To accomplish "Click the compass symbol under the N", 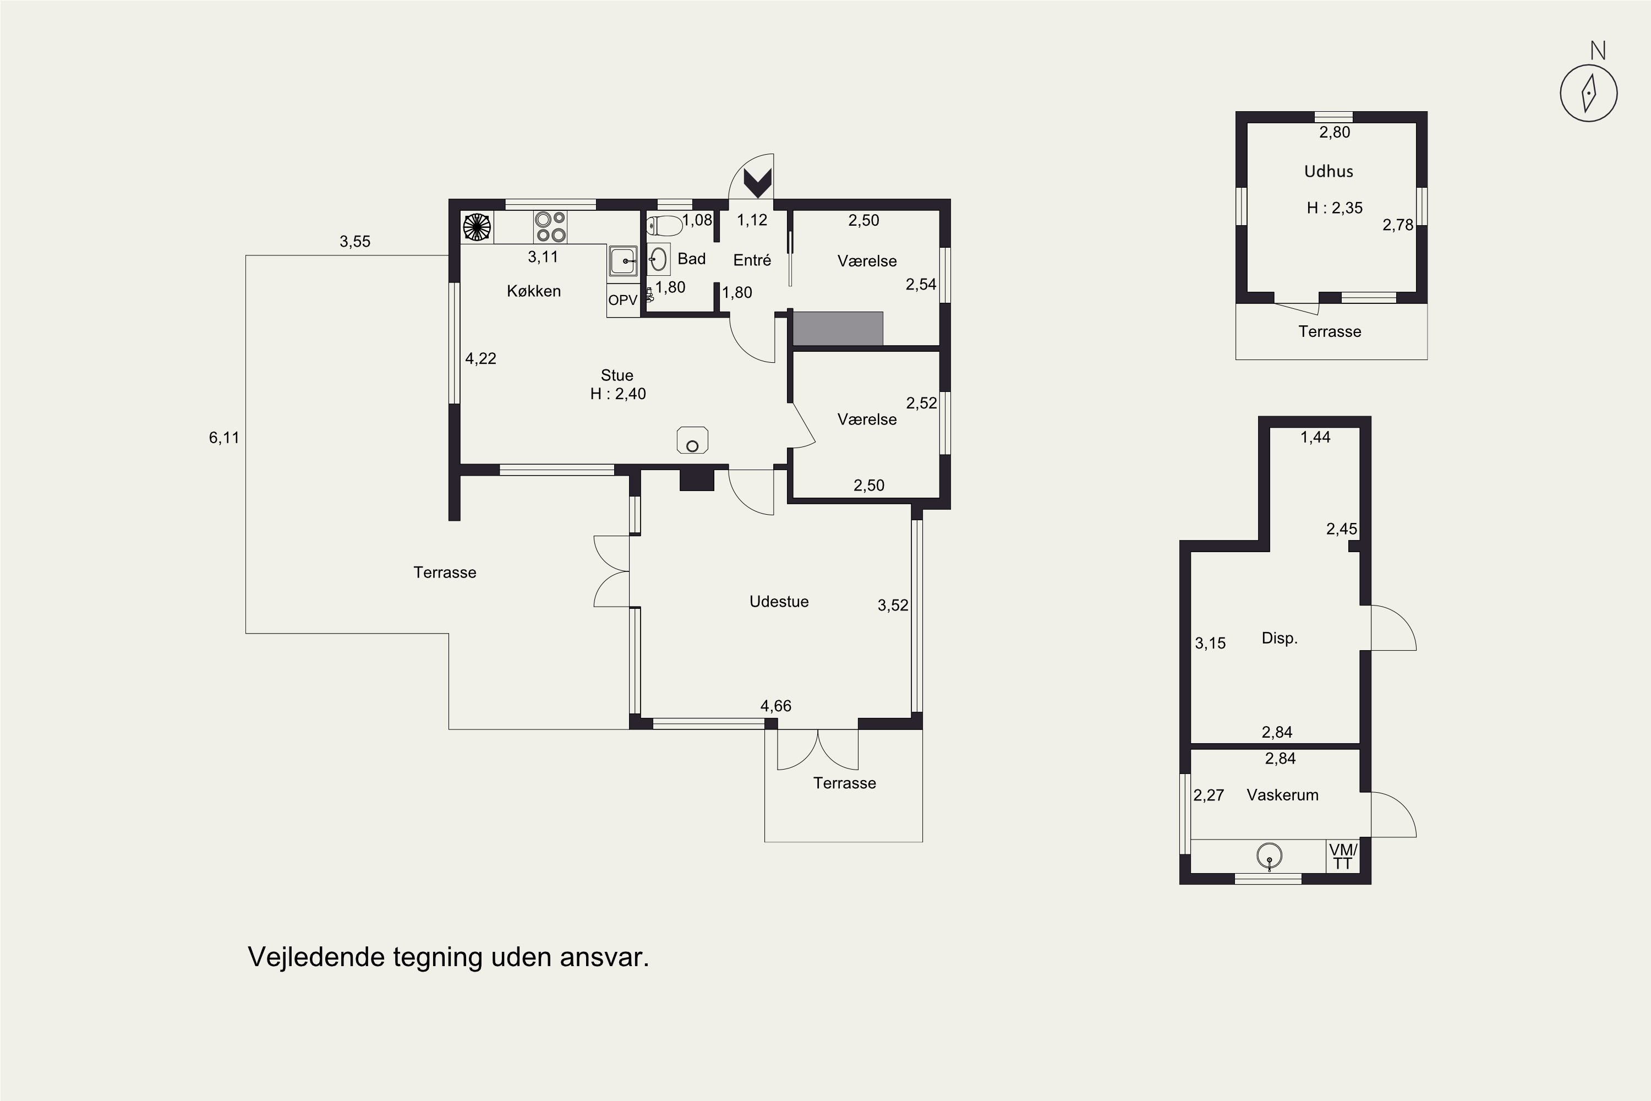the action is click(x=1588, y=94).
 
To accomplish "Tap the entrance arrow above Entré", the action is click(x=757, y=183).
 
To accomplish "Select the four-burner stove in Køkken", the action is click(x=550, y=227).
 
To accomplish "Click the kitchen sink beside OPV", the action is click(x=622, y=261).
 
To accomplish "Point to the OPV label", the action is click(x=622, y=301).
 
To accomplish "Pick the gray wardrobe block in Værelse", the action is click(x=838, y=329).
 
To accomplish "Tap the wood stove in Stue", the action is click(x=692, y=440).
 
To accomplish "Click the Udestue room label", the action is click(x=779, y=602).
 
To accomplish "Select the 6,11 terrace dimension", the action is click(x=224, y=438).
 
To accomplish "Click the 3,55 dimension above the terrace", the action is click(x=354, y=242).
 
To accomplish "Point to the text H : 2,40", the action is click(x=617, y=394).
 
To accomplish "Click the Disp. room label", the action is click(x=1280, y=638).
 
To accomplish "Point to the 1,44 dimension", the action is click(x=1315, y=438).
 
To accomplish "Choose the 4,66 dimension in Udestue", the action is click(x=775, y=706).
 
